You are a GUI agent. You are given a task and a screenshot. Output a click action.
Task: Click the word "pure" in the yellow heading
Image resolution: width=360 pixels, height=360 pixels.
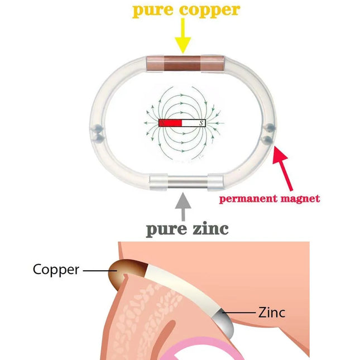click(x=153, y=11)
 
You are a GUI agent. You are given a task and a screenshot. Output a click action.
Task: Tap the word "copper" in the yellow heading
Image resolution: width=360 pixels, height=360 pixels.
click(x=210, y=11)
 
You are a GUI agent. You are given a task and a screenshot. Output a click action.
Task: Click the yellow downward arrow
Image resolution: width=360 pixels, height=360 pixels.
click(x=183, y=36)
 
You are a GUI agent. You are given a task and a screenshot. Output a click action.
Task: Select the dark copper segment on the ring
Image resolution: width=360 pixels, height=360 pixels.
click(x=183, y=63)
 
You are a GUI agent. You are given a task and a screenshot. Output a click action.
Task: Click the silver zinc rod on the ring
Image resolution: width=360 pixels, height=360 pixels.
click(x=188, y=183)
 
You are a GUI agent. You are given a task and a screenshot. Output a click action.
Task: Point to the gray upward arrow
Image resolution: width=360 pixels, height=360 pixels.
click(x=183, y=207)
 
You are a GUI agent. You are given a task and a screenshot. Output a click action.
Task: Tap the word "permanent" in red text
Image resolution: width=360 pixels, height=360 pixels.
click(x=248, y=199)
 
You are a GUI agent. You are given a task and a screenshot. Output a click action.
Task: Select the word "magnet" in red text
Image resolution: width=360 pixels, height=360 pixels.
click(x=300, y=198)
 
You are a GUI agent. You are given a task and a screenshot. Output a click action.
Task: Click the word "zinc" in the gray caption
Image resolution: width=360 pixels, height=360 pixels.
click(x=210, y=229)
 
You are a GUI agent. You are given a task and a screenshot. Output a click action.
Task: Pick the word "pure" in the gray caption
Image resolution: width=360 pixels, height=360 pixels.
click(x=166, y=230)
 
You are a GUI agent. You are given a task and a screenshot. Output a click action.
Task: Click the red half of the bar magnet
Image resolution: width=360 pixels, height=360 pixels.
click(x=170, y=123)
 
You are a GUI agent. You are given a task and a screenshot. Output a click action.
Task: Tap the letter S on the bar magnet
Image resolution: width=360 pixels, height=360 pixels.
click(x=201, y=123)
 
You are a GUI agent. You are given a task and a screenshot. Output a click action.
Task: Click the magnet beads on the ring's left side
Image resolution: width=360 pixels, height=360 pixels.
click(x=98, y=133)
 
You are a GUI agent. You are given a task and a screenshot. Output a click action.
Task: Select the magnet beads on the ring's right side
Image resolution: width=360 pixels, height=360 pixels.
click(x=268, y=133)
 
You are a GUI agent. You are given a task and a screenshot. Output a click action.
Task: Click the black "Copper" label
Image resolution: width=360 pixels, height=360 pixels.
click(x=56, y=270)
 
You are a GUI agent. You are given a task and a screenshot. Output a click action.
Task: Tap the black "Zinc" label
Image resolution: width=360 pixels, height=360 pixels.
click(x=272, y=313)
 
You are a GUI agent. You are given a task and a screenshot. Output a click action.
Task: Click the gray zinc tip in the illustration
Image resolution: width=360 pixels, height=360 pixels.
click(x=224, y=321)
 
